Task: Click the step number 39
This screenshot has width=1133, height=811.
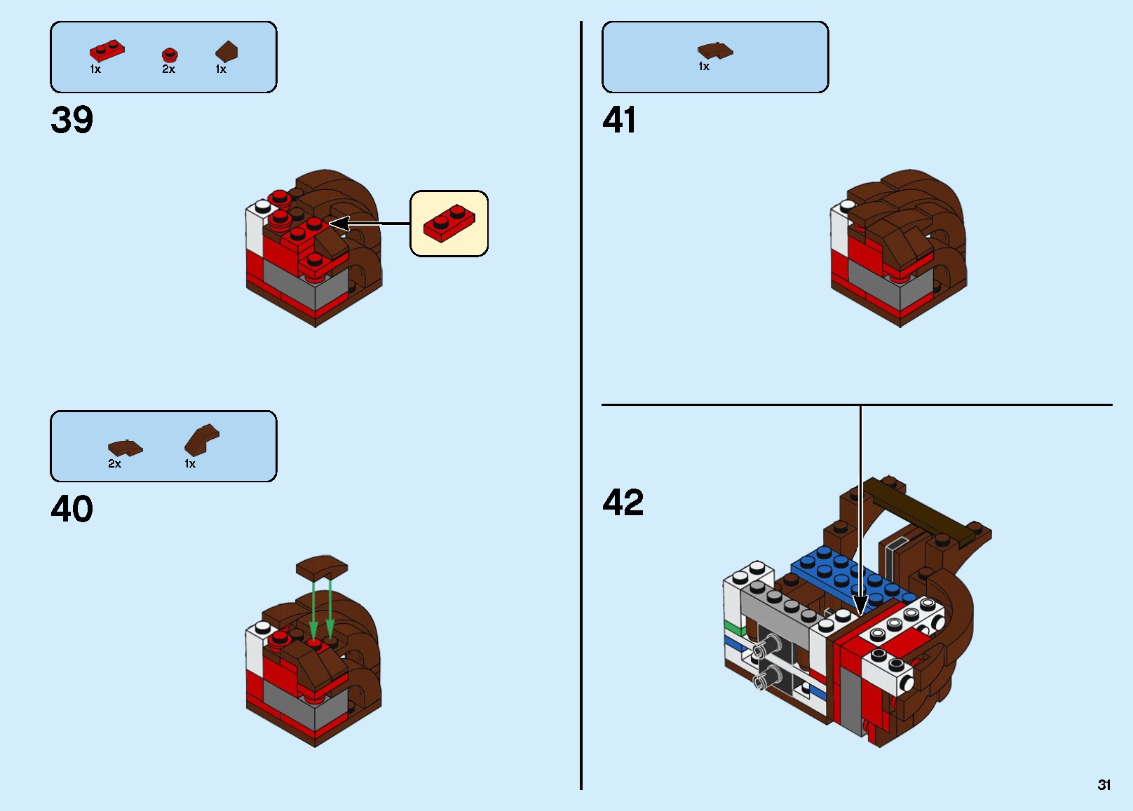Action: (x=72, y=120)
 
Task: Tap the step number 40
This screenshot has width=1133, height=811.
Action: (x=72, y=509)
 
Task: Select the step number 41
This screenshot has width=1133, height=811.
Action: (x=619, y=120)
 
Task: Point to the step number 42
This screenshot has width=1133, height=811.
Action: (x=623, y=503)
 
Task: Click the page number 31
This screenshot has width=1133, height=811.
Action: (x=1104, y=785)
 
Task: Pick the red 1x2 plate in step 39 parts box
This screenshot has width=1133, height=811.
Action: (x=107, y=50)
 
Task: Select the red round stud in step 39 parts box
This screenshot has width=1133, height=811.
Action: (x=170, y=55)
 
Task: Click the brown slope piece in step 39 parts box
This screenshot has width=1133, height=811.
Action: (x=226, y=51)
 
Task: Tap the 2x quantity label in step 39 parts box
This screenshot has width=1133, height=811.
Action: (x=168, y=69)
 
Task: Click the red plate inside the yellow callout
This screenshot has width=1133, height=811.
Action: (x=449, y=224)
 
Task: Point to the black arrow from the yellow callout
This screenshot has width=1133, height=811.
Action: (x=368, y=224)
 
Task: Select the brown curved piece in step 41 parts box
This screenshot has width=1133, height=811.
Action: (x=714, y=50)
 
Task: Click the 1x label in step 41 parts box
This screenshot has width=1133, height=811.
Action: (x=704, y=67)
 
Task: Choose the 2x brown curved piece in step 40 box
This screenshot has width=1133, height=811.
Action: (x=125, y=448)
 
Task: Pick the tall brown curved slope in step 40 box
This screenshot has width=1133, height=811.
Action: (x=201, y=439)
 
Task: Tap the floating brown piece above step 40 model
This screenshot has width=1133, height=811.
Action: (x=322, y=566)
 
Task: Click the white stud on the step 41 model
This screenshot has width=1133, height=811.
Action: (x=847, y=205)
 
